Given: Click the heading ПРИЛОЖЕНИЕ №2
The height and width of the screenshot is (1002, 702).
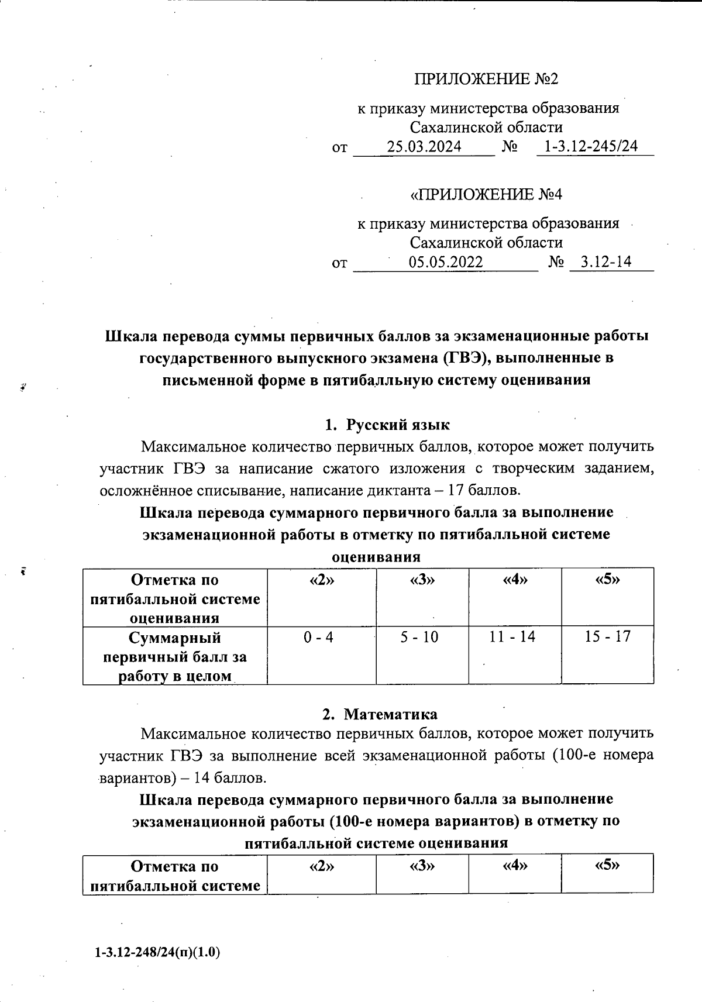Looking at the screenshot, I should point(486,79).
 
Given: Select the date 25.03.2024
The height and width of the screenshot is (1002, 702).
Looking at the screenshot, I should point(424,147).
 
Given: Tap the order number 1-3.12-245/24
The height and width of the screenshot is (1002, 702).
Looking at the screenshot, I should point(591,146).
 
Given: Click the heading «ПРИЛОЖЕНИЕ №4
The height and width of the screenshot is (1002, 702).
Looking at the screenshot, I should point(486,194).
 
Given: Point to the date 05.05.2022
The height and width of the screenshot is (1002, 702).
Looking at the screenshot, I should point(446,262).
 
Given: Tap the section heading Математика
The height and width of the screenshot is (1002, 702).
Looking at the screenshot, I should point(390,714).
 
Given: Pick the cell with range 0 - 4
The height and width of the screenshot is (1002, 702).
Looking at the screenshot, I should point(318,637).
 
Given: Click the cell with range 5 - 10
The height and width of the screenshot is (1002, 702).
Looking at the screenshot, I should point(419,637).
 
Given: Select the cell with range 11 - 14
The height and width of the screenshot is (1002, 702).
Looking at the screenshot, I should point(512,636).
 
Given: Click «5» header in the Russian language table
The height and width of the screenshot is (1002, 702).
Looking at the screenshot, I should point(607,580).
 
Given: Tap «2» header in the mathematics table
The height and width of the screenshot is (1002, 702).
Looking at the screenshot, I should point(321,866).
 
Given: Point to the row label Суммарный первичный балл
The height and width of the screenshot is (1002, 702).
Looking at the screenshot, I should point(175,656).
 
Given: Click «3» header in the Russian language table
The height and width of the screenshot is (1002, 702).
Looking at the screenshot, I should point(422,580).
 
